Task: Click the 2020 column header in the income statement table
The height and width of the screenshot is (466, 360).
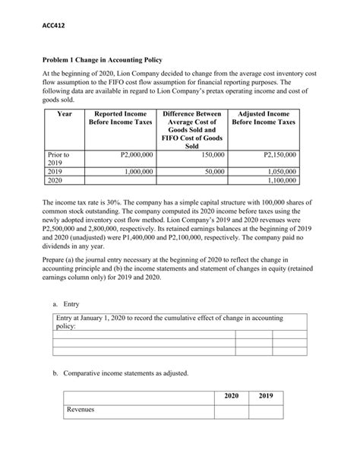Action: tap(232, 396)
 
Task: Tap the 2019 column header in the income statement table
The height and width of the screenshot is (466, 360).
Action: tap(266, 396)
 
